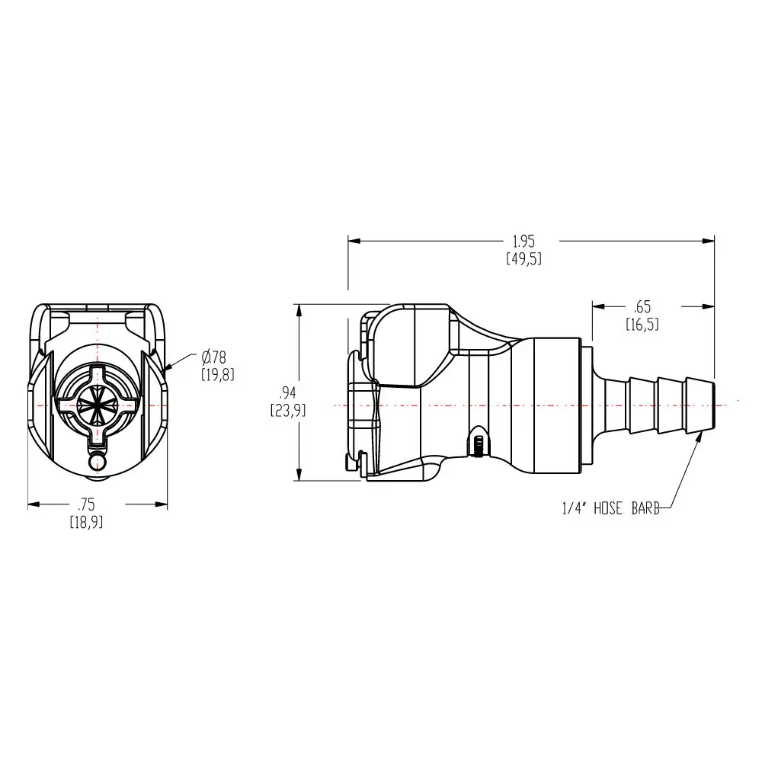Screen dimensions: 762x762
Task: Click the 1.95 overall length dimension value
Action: (524, 241)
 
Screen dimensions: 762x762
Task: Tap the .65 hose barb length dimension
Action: (642, 307)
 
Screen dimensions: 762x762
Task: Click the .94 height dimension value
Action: (288, 392)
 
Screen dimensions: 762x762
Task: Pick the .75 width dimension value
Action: (86, 504)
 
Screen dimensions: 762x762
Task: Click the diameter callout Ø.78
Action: (214, 357)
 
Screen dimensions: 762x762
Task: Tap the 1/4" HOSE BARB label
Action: (611, 508)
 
